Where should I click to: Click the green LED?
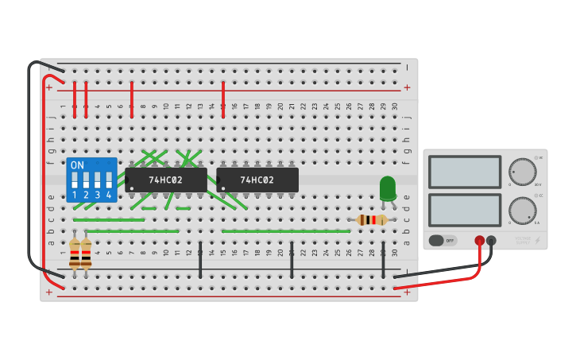click(x=387, y=188)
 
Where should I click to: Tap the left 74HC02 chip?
click(x=166, y=180)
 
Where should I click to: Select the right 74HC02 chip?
click(x=257, y=180)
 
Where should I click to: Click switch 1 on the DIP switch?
click(x=75, y=180)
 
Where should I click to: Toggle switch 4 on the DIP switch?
click(x=109, y=180)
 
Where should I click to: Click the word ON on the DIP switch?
click(x=77, y=165)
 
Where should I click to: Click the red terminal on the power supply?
click(x=479, y=240)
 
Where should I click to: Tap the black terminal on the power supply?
click(x=491, y=240)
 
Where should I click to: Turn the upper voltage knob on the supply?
click(x=522, y=171)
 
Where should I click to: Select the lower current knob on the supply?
click(x=522, y=211)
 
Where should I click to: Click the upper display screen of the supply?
click(x=465, y=172)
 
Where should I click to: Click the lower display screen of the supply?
click(x=465, y=210)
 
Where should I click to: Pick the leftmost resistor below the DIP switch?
click(x=75, y=254)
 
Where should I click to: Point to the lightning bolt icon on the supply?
click(x=538, y=240)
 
